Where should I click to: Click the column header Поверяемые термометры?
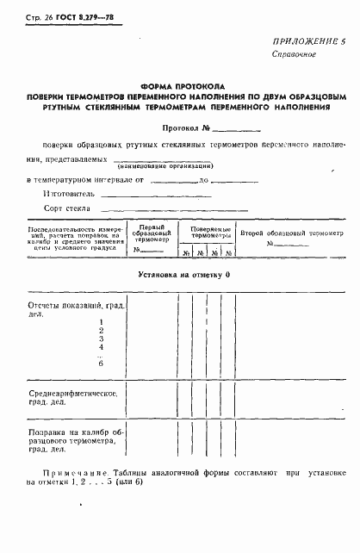click(205, 232)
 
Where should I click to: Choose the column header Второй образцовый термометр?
click(291, 234)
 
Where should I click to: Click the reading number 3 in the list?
click(102, 339)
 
